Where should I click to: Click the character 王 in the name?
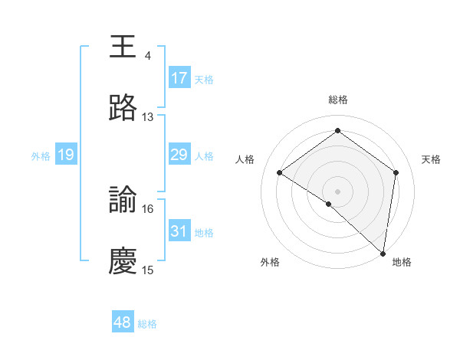pos(123,47)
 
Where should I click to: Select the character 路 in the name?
pos(123,108)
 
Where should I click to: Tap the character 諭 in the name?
pos(123,200)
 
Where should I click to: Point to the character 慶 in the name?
pos(123,261)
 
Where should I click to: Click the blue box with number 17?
pos(179,78)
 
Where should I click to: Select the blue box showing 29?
pos(179,155)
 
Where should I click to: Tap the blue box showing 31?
pos(179,231)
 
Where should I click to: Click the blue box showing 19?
pos(66,155)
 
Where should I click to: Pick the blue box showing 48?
pos(123,322)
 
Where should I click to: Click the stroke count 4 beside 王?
pos(147,56)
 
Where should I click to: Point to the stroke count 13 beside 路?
pos(147,117)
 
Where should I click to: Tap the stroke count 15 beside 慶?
pos(147,270)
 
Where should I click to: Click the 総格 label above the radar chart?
pos(337,100)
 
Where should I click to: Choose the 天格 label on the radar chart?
pos(431,159)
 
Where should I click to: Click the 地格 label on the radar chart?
pos(402,262)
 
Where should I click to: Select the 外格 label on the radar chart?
pos(270,262)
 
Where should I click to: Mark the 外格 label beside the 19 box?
pos(41,156)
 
